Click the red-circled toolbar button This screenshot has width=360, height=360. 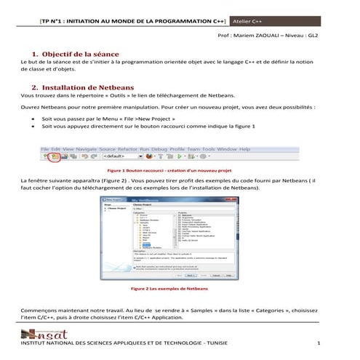point(55,155)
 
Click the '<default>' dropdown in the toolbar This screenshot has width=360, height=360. point(119,155)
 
